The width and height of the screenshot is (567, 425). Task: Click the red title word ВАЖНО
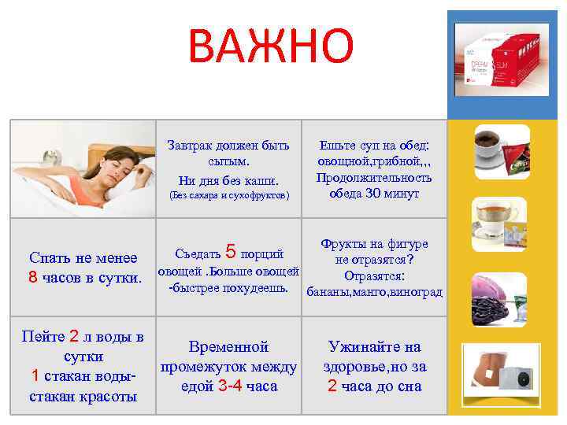tap(271, 46)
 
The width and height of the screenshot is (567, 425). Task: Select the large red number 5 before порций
tap(231, 252)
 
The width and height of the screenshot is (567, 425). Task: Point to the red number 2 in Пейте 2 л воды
tap(74, 337)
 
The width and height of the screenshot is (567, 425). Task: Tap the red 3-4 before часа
tap(230, 386)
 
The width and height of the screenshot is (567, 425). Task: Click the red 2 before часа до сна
tap(332, 386)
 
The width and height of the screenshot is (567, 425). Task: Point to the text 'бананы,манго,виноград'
tap(374, 292)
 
